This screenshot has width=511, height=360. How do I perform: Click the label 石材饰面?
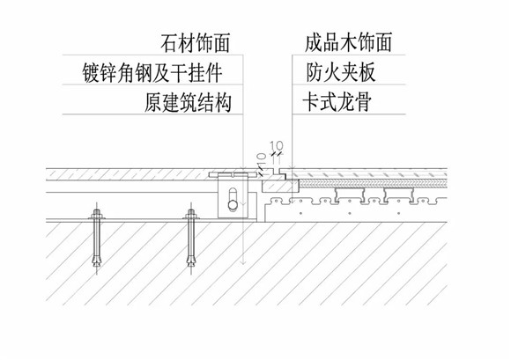(x=196, y=42)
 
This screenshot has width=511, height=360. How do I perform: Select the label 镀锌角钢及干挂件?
(x=152, y=72)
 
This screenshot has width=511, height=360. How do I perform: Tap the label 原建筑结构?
(x=188, y=102)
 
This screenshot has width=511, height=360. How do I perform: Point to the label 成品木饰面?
(x=348, y=42)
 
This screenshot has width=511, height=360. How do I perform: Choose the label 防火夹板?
(x=341, y=72)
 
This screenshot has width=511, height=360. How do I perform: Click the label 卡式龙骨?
(x=337, y=101)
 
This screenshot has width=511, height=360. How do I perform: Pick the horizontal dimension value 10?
(x=277, y=145)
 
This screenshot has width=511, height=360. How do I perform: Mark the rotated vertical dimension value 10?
(x=262, y=160)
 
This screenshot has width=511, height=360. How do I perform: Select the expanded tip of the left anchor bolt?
(x=96, y=261)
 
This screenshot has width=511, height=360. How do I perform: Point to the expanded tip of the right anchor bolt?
(x=191, y=261)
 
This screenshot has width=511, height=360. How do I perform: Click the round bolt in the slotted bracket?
(x=233, y=205)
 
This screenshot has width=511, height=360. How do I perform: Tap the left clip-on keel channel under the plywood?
(x=348, y=194)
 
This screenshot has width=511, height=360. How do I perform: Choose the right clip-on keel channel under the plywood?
(x=399, y=194)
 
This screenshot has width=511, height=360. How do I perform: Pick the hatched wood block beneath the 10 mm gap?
(x=280, y=186)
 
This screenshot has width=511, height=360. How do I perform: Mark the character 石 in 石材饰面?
(x=169, y=43)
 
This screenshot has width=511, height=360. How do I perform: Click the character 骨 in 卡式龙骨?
(x=363, y=102)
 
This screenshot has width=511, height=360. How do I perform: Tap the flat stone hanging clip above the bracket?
(x=232, y=175)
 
